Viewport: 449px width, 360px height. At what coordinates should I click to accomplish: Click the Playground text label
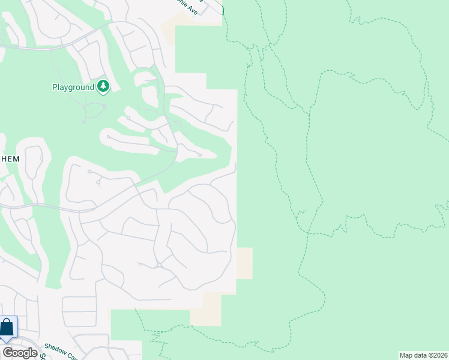click(73, 87)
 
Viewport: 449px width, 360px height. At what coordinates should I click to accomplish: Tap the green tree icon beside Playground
click(104, 87)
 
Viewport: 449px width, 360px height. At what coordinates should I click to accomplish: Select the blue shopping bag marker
click(7, 328)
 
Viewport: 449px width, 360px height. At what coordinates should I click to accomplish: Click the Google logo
click(20, 353)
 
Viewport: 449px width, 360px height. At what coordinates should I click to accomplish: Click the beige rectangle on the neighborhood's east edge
click(244, 263)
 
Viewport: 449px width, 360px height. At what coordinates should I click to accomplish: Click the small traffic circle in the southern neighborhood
click(159, 265)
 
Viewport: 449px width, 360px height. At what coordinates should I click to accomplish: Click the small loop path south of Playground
click(94, 110)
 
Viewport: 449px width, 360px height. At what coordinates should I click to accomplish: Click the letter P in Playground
click(54, 87)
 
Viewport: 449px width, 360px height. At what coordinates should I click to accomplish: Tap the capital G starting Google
click(7, 353)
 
